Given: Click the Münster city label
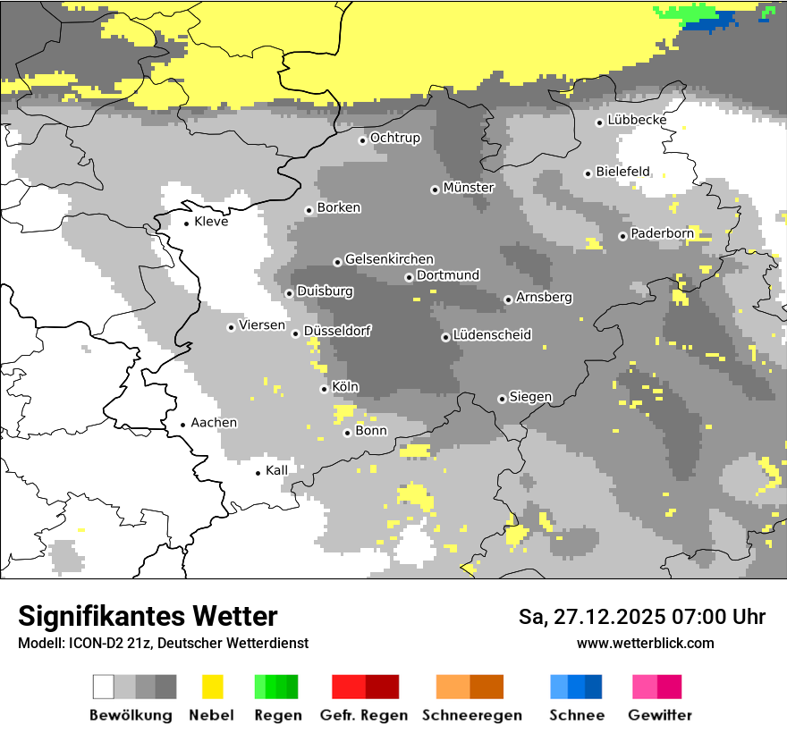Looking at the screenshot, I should [x=469, y=188].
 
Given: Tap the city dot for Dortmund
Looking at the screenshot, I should [x=409, y=277].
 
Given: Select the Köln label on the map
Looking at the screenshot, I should [x=345, y=387].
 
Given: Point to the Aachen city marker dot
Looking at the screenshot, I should [x=182, y=425].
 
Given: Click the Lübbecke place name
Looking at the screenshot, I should [x=637, y=120].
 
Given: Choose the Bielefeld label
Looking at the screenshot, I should [x=623, y=172].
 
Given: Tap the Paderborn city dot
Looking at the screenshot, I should [x=622, y=236].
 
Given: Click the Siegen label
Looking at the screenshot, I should [x=530, y=397].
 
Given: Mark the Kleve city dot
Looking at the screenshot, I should [x=186, y=223].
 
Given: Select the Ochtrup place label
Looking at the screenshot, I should [x=395, y=138].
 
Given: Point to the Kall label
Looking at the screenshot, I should [x=276, y=470].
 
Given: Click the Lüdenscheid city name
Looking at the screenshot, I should [x=492, y=335].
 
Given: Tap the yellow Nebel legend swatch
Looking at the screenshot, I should [x=212, y=687].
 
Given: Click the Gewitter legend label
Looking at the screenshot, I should [x=660, y=715].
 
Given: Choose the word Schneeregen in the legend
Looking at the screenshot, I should [x=471, y=715].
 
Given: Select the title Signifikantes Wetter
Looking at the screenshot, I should [x=148, y=617].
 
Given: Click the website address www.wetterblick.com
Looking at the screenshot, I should [x=645, y=643].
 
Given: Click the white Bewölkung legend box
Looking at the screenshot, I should [x=103, y=687].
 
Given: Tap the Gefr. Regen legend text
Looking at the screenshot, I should [x=363, y=715].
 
